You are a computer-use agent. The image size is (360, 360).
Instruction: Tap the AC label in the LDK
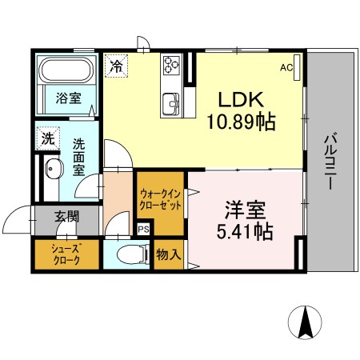[286, 68]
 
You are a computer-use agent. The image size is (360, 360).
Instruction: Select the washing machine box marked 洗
[48, 137]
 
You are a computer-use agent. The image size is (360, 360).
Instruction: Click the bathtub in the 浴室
[67, 70]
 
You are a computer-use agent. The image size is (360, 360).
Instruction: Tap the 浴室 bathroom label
[68, 98]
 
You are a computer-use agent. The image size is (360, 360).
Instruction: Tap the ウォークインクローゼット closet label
[161, 198]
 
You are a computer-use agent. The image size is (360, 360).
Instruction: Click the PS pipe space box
[143, 230]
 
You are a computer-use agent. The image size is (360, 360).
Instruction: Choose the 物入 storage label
[168, 254]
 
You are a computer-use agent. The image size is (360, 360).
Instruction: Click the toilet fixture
[132, 254]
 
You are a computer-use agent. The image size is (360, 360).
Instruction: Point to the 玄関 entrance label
[66, 216]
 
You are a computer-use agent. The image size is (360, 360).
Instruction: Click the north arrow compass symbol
[306, 323]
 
